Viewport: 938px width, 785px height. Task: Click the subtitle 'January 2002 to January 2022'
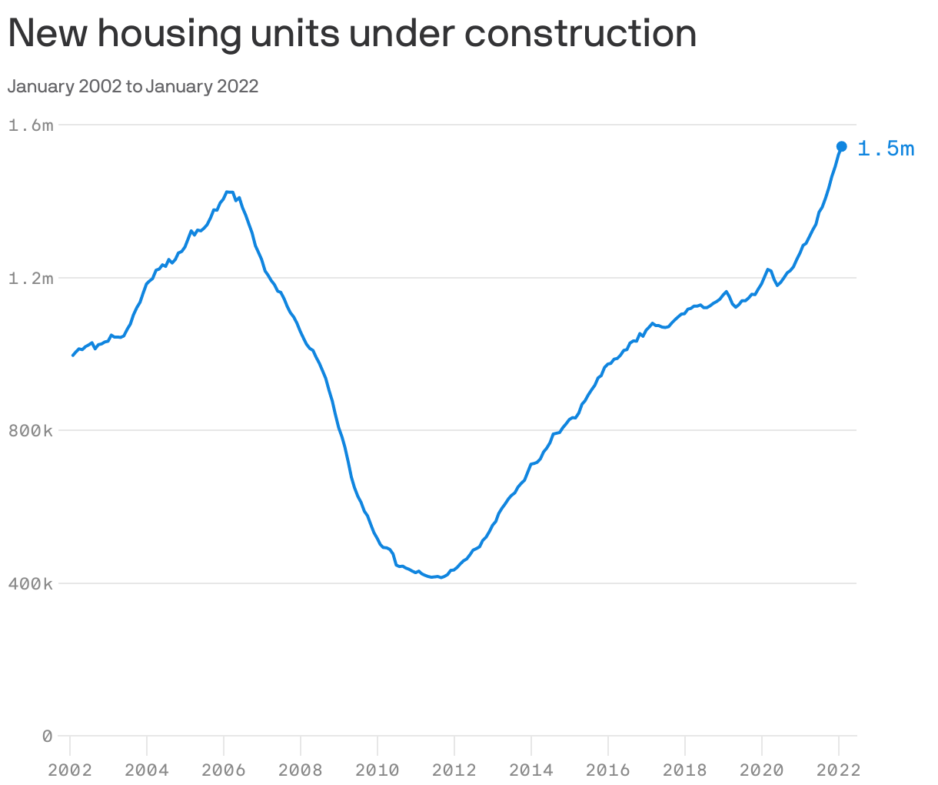pyautogui.click(x=133, y=86)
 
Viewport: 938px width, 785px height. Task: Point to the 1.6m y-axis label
pyautogui.click(x=31, y=125)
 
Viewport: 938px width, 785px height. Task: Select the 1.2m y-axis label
pyautogui.click(x=31, y=278)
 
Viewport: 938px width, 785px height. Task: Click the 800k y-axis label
pyautogui.click(x=31, y=431)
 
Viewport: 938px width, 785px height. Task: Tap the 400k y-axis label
pyautogui.click(x=31, y=584)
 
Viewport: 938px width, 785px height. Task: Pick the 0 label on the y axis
pyautogui.click(x=47, y=737)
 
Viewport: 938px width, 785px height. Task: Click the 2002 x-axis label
pyautogui.click(x=70, y=770)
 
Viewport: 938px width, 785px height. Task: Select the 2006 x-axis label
pyautogui.click(x=224, y=770)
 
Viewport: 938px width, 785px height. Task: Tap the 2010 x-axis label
pyautogui.click(x=378, y=770)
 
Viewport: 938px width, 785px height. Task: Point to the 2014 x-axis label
pyautogui.click(x=531, y=770)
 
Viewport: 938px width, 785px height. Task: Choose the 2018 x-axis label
pyautogui.click(x=685, y=770)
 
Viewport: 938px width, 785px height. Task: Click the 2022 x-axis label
pyautogui.click(x=838, y=770)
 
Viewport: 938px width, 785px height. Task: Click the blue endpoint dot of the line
pyautogui.click(x=842, y=146)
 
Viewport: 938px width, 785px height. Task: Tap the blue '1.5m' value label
pyautogui.click(x=886, y=149)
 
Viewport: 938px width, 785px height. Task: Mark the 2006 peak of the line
pyautogui.click(x=228, y=192)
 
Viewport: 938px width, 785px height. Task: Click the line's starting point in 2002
pyautogui.click(x=73, y=356)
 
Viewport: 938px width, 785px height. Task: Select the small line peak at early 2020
pyautogui.click(x=768, y=269)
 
